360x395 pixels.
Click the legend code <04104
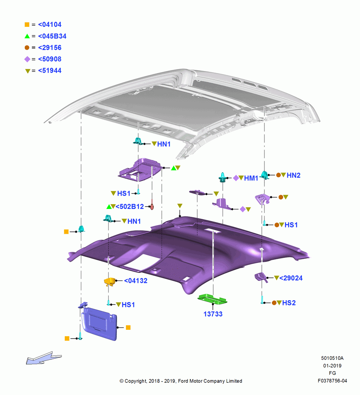(50, 24)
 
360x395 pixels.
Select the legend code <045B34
(52, 36)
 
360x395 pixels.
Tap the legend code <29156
(50, 48)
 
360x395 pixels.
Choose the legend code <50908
(50, 59)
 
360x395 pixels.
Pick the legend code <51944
(50, 71)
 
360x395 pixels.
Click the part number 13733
(213, 314)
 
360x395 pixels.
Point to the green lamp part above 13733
(212, 299)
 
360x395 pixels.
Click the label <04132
(136, 280)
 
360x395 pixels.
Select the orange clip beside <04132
(110, 281)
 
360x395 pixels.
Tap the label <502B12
(129, 207)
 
